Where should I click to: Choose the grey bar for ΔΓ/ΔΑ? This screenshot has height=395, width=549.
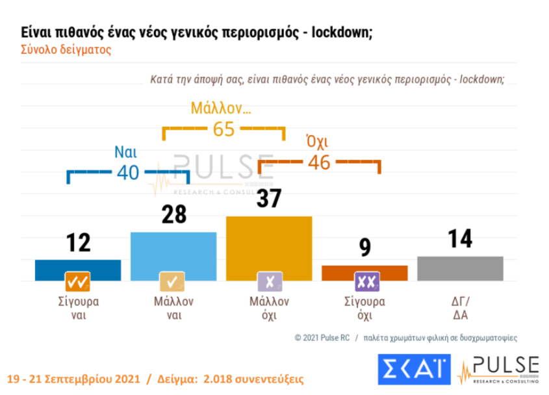(460, 268)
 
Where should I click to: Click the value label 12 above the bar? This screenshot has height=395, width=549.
(78, 243)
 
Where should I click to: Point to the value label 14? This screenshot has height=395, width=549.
(460, 238)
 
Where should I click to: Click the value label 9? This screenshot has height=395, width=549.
(365, 248)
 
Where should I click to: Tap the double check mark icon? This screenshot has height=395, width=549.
(78, 281)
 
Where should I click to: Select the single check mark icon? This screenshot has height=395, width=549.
(173, 281)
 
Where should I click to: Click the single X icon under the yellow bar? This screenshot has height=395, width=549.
(269, 281)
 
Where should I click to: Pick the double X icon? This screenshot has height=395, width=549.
(365, 281)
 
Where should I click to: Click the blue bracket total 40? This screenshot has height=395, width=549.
(128, 172)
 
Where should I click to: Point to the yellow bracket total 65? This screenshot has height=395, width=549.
(223, 129)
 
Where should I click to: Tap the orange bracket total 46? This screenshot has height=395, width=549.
(319, 162)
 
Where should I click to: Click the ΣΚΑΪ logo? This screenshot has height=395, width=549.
(413, 369)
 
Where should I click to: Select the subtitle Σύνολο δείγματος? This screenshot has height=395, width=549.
(66, 50)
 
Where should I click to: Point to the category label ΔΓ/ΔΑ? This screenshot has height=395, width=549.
(460, 308)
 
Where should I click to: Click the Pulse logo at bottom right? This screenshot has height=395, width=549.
(499, 369)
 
